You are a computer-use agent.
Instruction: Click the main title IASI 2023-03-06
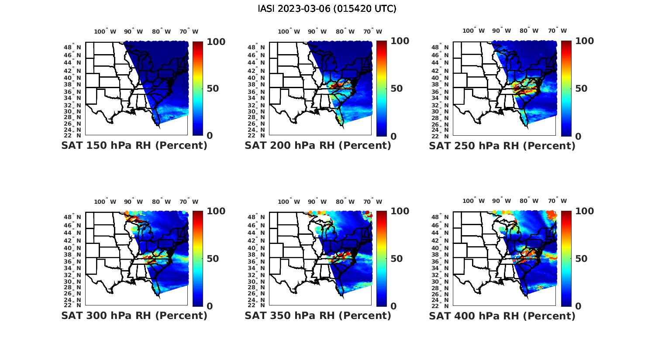(x=327, y=9)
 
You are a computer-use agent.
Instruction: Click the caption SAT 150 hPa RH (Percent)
(x=134, y=146)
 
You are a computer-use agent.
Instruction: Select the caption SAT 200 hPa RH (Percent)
(x=318, y=146)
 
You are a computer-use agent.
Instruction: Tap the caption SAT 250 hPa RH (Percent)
(x=502, y=146)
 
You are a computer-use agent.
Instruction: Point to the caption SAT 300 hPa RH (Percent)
(x=134, y=315)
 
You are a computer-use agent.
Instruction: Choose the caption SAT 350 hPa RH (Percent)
(x=318, y=315)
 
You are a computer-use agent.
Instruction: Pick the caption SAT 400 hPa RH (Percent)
(x=502, y=315)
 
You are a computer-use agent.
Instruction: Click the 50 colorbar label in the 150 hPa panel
(x=213, y=89)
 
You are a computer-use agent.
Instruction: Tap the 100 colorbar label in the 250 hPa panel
(x=585, y=41)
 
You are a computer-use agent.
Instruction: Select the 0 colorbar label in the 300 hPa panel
(x=210, y=306)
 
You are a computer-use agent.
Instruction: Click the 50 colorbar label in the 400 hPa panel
(x=581, y=259)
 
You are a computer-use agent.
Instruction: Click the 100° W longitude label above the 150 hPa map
(x=105, y=31)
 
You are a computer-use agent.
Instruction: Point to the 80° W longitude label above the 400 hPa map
(x=529, y=201)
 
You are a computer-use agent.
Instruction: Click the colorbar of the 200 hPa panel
(x=382, y=89)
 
